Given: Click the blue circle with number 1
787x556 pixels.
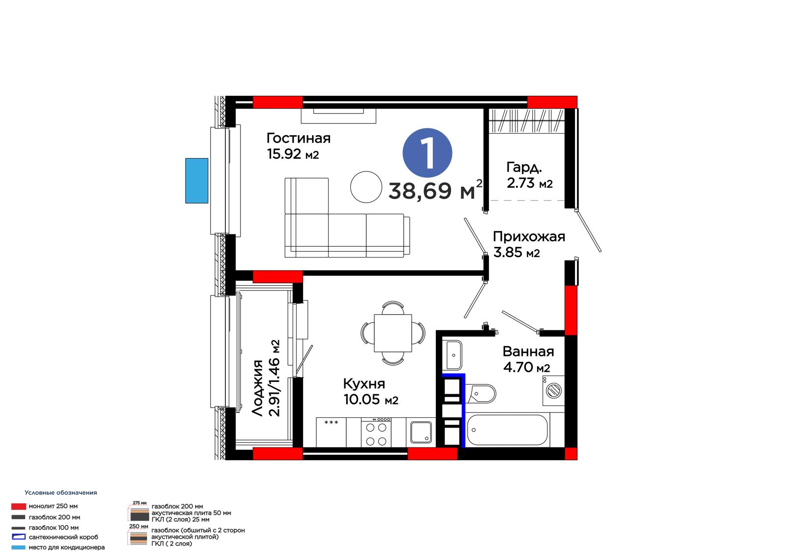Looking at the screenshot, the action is click(x=427, y=153).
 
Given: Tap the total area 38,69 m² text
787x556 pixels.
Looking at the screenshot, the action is click(x=436, y=190).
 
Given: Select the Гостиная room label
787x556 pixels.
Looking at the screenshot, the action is click(x=298, y=138).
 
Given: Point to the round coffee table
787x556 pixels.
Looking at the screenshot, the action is click(x=366, y=187).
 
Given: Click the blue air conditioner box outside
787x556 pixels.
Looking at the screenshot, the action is click(x=197, y=180).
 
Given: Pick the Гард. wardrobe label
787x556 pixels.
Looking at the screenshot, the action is click(x=524, y=168).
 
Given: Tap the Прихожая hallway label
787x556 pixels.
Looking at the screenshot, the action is click(x=529, y=237).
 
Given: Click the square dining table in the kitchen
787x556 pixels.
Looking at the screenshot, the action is click(x=393, y=333).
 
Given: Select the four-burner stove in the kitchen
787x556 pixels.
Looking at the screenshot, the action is click(x=376, y=433).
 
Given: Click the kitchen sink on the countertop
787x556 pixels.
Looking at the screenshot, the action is click(x=421, y=432).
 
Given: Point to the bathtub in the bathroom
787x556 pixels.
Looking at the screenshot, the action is click(x=507, y=430).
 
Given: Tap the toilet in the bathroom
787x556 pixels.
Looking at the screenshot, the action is click(x=482, y=393).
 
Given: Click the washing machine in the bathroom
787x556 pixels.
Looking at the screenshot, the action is click(x=554, y=390).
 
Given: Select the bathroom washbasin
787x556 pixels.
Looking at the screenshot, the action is click(x=454, y=355).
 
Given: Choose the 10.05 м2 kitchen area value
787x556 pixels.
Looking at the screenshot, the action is click(x=371, y=400).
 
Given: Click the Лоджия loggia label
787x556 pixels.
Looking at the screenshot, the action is click(x=258, y=388).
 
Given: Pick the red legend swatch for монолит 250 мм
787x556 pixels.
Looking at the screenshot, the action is click(x=19, y=506).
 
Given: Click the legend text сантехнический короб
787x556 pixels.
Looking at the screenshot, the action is click(x=63, y=537).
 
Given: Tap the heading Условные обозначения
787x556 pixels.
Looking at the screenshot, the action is click(x=61, y=493).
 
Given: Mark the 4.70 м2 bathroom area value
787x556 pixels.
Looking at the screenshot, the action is click(x=526, y=367).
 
